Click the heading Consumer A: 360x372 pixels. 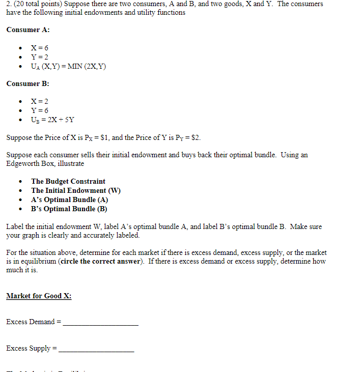point(28,30)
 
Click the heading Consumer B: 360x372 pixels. point(28,83)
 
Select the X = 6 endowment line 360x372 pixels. point(40,48)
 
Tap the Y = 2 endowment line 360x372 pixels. point(40,57)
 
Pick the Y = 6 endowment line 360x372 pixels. point(40,110)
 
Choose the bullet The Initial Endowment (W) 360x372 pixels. point(75,190)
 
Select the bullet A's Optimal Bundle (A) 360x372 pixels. point(69,199)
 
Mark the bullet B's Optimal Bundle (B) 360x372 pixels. point(69,209)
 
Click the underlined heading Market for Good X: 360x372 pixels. point(39,296)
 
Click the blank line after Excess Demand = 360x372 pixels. point(100,323)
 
